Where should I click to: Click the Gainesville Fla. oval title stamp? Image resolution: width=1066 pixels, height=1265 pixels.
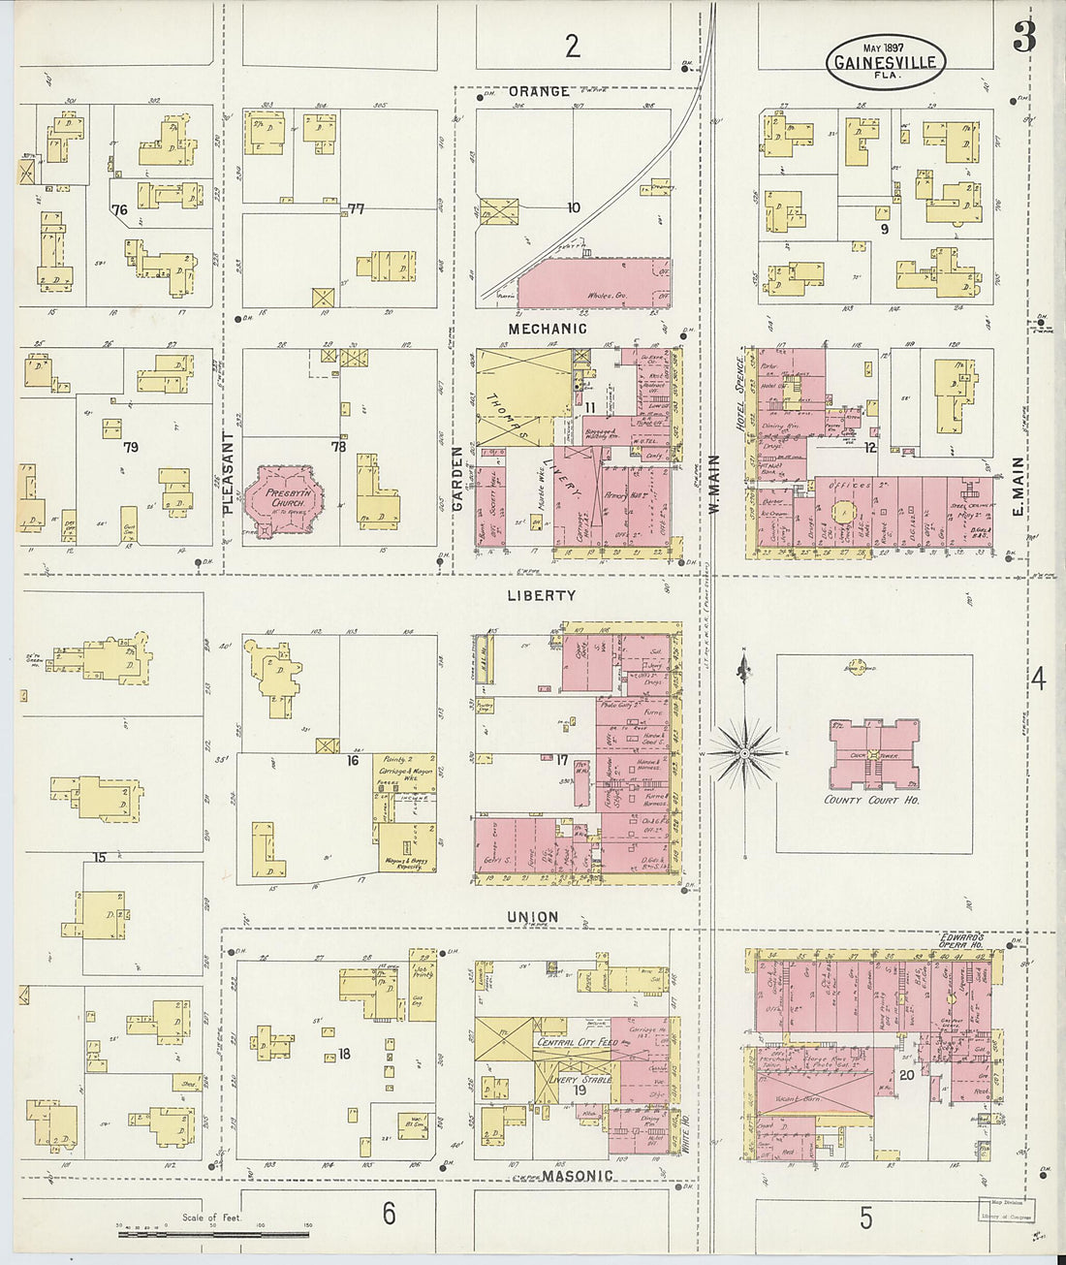(885, 62)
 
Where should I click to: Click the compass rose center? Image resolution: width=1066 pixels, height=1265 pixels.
(744, 753)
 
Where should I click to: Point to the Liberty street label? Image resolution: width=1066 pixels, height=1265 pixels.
(541, 595)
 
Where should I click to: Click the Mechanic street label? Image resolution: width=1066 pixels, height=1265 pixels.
(549, 329)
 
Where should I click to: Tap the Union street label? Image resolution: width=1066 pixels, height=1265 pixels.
(533, 916)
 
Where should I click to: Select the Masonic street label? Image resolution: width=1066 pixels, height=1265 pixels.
(578, 1176)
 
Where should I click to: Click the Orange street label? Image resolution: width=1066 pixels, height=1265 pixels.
(539, 91)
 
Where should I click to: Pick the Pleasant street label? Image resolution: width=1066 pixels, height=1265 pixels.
(229, 472)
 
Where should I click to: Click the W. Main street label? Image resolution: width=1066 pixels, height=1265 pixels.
(713, 484)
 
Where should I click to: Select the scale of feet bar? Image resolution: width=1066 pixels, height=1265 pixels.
(213, 1233)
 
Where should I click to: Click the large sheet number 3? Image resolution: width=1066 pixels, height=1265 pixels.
(1023, 37)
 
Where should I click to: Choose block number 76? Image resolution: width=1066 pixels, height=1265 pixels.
(119, 209)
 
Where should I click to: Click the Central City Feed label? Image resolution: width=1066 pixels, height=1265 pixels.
(577, 1042)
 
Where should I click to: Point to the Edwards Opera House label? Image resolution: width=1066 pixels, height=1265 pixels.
(961, 941)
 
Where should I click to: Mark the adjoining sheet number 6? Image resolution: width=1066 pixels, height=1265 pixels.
(389, 1213)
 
